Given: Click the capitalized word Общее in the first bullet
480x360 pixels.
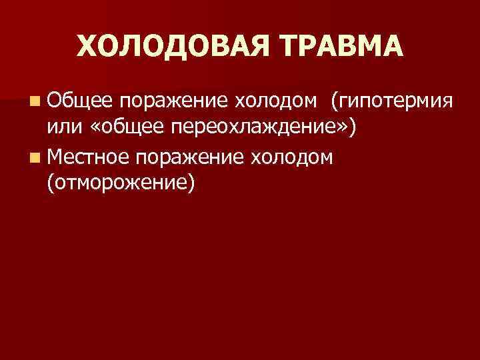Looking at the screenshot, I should (80, 103).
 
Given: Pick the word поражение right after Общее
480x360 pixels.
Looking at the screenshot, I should (175, 103).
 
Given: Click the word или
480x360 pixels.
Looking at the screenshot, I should (63, 130).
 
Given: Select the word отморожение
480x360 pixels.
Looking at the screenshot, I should (121, 183).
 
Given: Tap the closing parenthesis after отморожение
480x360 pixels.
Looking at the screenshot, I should (192, 184).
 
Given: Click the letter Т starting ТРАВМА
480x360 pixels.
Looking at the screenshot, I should (285, 47).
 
